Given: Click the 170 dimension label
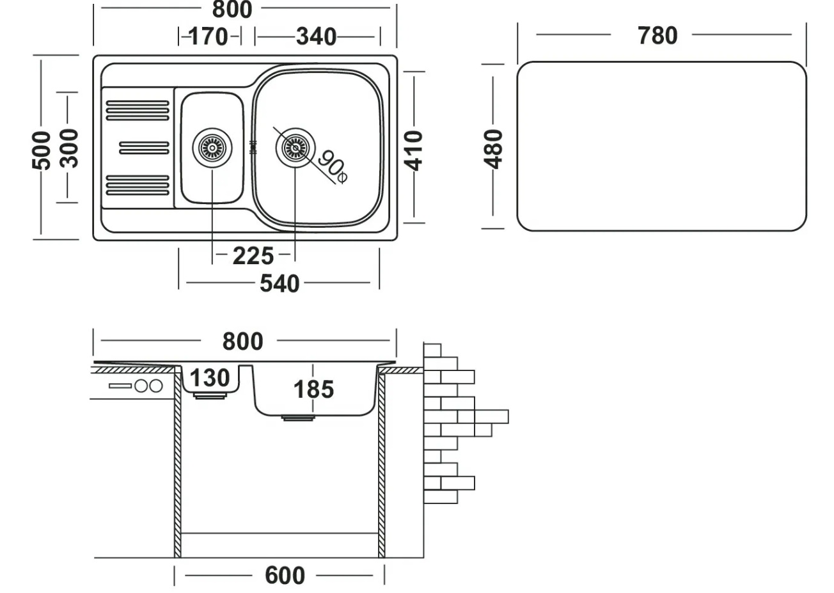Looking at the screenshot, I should click(x=208, y=36).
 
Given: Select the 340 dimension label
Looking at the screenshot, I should click(x=316, y=36).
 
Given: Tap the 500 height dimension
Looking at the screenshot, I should click(x=42, y=150).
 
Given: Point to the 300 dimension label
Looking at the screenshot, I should click(x=69, y=148).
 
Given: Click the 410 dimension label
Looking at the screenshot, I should click(x=415, y=150).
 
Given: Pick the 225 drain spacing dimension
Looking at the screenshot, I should click(x=253, y=256).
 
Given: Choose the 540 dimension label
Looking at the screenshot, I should click(x=279, y=283).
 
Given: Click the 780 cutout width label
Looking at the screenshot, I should click(x=657, y=36).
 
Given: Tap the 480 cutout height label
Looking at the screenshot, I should click(x=494, y=148).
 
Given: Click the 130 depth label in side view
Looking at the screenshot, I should click(x=209, y=378).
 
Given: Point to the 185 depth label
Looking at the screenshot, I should click(x=313, y=389).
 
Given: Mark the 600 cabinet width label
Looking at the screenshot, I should click(x=285, y=576).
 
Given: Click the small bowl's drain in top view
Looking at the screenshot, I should click(x=212, y=148).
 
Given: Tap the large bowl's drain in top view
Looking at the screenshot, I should click(x=295, y=148).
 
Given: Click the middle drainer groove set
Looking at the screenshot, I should click(x=145, y=148).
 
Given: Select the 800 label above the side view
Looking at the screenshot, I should click(x=242, y=342).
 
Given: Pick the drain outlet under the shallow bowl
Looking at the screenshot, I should click(x=209, y=397).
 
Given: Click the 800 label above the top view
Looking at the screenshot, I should click(x=232, y=9).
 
